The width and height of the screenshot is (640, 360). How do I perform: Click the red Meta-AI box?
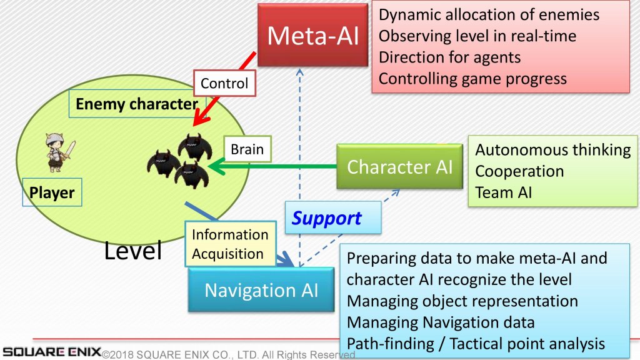(313, 36)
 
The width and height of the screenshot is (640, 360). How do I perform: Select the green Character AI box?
(399, 167)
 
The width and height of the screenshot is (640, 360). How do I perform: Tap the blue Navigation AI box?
(261, 291)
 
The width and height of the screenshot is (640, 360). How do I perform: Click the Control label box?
(224, 83)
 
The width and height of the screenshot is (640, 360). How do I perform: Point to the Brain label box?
(247, 149)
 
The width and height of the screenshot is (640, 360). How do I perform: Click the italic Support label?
(327, 218)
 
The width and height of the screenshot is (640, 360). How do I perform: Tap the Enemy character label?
(136, 104)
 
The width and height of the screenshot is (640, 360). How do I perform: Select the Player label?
(52, 193)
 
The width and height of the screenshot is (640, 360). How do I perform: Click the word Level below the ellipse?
(133, 251)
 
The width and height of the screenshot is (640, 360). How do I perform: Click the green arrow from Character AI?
(275, 167)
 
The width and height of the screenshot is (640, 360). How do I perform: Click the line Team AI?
(504, 192)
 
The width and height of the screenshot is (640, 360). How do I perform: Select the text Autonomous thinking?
(552, 150)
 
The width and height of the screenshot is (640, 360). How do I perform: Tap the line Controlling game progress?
(472, 78)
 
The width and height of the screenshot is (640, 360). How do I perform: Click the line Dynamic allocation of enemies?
(489, 14)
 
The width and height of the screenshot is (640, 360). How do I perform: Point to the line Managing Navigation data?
(441, 322)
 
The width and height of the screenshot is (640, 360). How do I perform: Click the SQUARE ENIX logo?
(51, 351)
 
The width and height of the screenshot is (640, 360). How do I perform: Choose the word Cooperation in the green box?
(519, 171)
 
